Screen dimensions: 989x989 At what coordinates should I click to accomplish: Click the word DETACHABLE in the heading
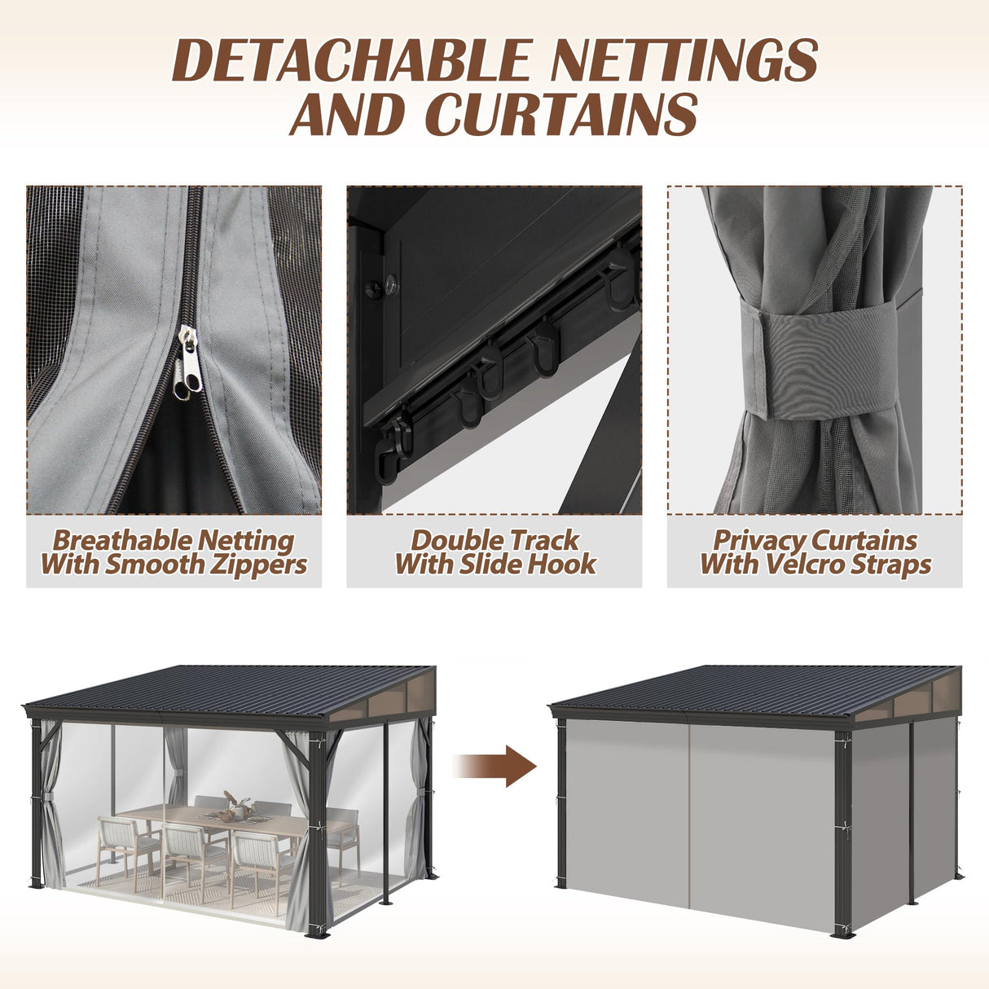point(352,60)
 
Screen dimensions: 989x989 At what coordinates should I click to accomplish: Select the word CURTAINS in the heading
point(562,114)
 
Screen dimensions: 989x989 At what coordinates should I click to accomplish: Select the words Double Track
point(494,540)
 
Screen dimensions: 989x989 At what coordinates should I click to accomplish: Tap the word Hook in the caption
point(562,564)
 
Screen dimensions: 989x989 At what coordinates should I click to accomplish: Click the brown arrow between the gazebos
point(497,767)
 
